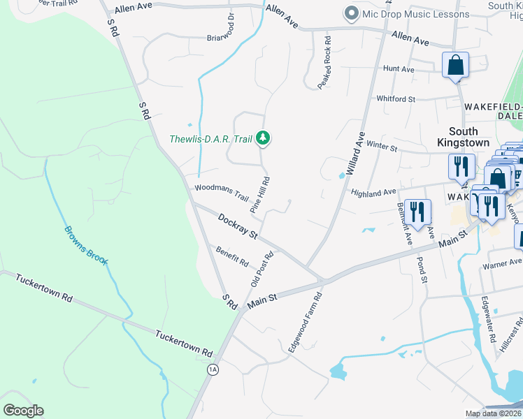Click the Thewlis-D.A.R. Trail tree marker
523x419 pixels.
[263, 138]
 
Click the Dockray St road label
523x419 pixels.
[238, 226]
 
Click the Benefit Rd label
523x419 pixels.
[232, 257]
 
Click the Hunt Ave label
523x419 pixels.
[399, 69]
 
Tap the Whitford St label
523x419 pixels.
[396, 99]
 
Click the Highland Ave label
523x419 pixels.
[373, 193]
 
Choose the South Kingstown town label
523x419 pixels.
[463, 136]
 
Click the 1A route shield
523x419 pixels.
[213, 369]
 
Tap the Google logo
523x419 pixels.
[23, 411]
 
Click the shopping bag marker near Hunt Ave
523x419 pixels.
[455, 66]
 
